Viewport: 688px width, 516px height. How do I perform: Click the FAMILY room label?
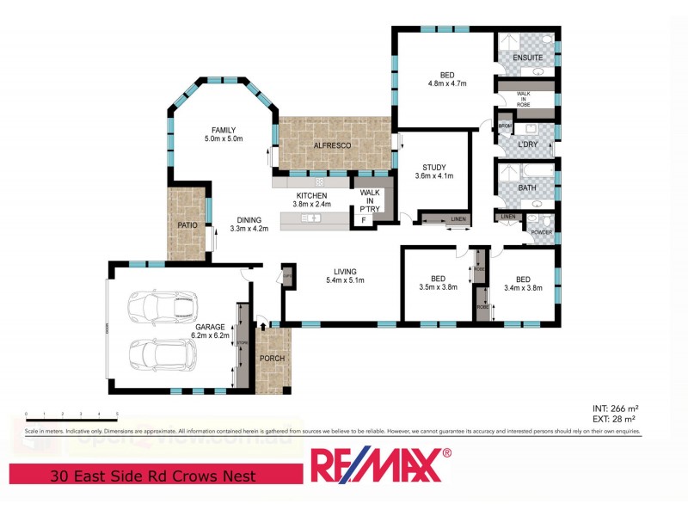pyautogui.click(x=224, y=130)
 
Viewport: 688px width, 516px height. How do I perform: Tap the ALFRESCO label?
pyautogui.click(x=332, y=146)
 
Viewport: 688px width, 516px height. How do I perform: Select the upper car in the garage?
pyautogui.click(x=161, y=305)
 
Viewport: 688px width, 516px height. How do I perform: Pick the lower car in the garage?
pyautogui.click(x=161, y=353)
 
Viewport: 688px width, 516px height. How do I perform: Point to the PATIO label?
pyautogui.click(x=188, y=225)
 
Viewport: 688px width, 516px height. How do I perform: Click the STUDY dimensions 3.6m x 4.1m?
pyautogui.click(x=433, y=176)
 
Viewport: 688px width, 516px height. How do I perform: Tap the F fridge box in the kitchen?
pyautogui.click(x=364, y=221)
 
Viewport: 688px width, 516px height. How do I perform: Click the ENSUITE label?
pyautogui.click(x=527, y=58)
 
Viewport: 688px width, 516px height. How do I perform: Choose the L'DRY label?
pyautogui.click(x=528, y=144)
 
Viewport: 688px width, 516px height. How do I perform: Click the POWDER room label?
pyautogui.click(x=541, y=232)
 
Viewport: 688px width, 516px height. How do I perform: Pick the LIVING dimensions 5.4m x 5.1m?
pyautogui.click(x=345, y=280)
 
